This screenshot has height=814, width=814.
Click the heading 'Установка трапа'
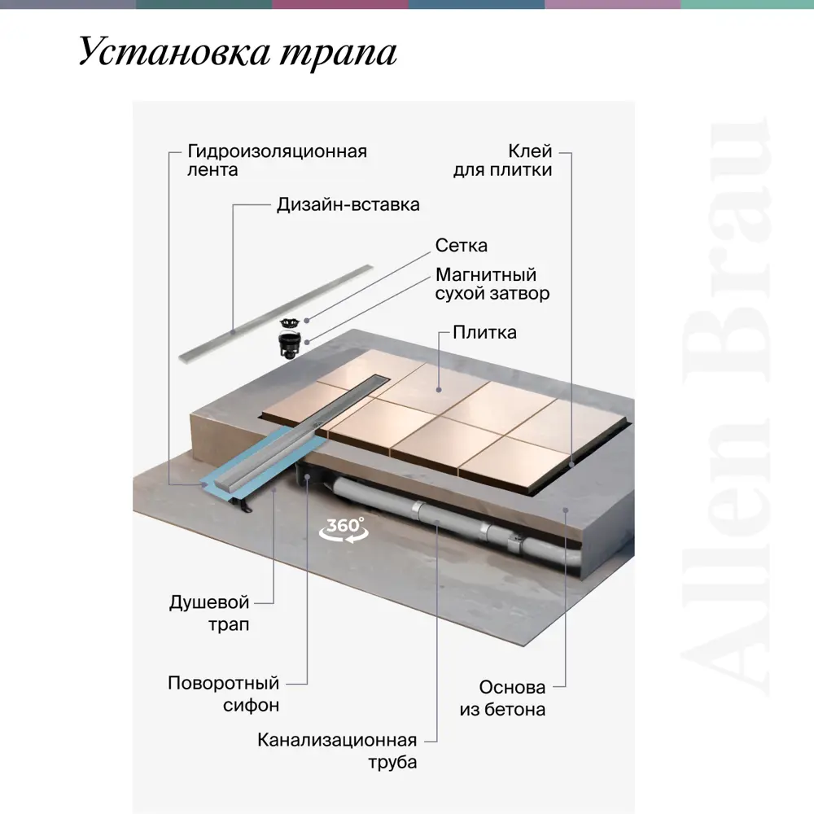click(238, 53)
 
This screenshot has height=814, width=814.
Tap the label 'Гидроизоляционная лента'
click(277, 160)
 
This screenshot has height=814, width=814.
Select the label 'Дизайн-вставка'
click(348, 204)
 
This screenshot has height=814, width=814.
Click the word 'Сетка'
click(462, 246)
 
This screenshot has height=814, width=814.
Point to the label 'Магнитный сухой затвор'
click(492, 284)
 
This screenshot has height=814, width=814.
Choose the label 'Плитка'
click(484, 332)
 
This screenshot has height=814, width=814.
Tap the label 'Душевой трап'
click(209, 614)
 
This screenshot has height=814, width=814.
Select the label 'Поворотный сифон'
click(223, 694)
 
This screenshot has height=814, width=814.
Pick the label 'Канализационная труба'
click(337, 751)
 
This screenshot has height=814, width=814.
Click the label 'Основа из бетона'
click(502, 698)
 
